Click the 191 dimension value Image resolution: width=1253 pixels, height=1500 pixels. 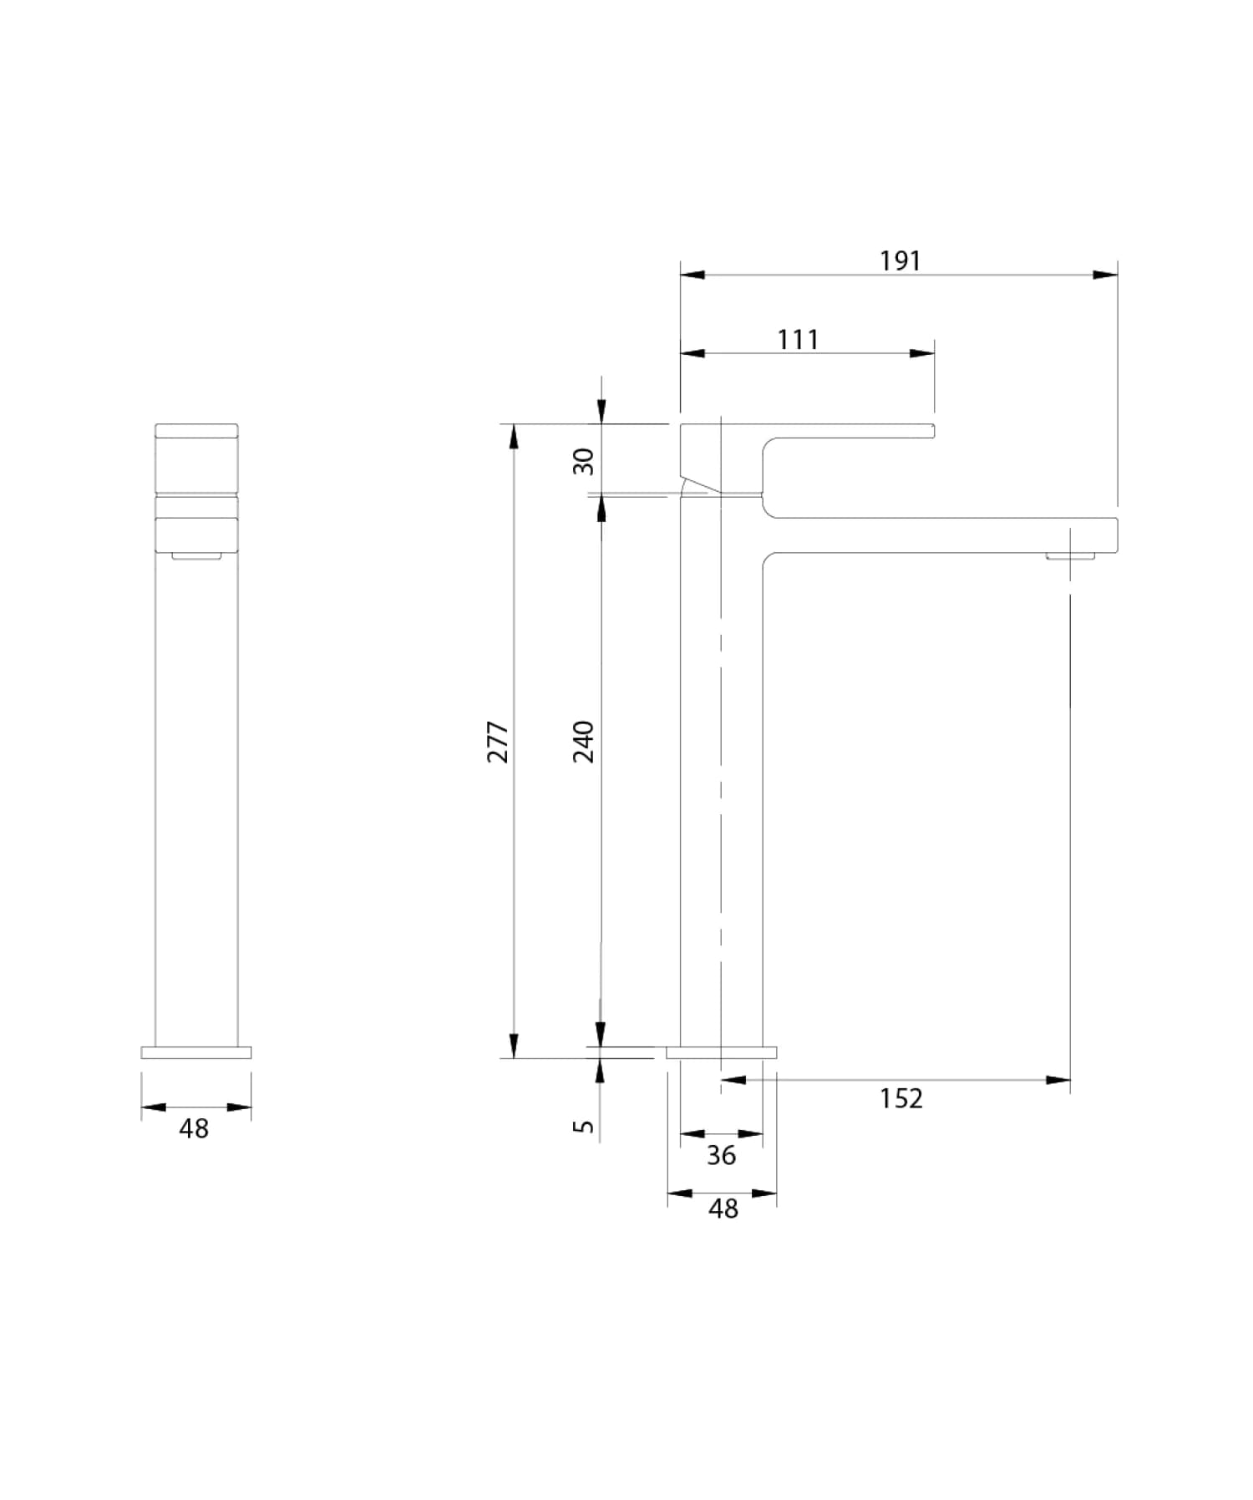[x=900, y=261]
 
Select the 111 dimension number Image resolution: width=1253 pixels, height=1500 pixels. [x=798, y=340]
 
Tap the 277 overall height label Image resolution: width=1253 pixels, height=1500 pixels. [x=498, y=741]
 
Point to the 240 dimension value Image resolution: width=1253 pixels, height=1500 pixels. [x=584, y=741]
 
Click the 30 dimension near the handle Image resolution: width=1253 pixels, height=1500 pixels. [x=584, y=461]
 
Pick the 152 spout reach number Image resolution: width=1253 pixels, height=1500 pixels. [x=900, y=1098]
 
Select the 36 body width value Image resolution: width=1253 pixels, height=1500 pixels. [x=721, y=1155]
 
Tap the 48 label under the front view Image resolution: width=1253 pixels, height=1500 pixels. [x=194, y=1129]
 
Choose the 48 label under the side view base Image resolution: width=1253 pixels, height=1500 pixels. [x=723, y=1209]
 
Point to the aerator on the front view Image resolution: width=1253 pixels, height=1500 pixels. [x=196, y=555]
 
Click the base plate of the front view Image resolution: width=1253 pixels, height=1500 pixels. [x=196, y=1052]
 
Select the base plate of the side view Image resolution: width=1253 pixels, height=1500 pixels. [x=722, y=1052]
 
